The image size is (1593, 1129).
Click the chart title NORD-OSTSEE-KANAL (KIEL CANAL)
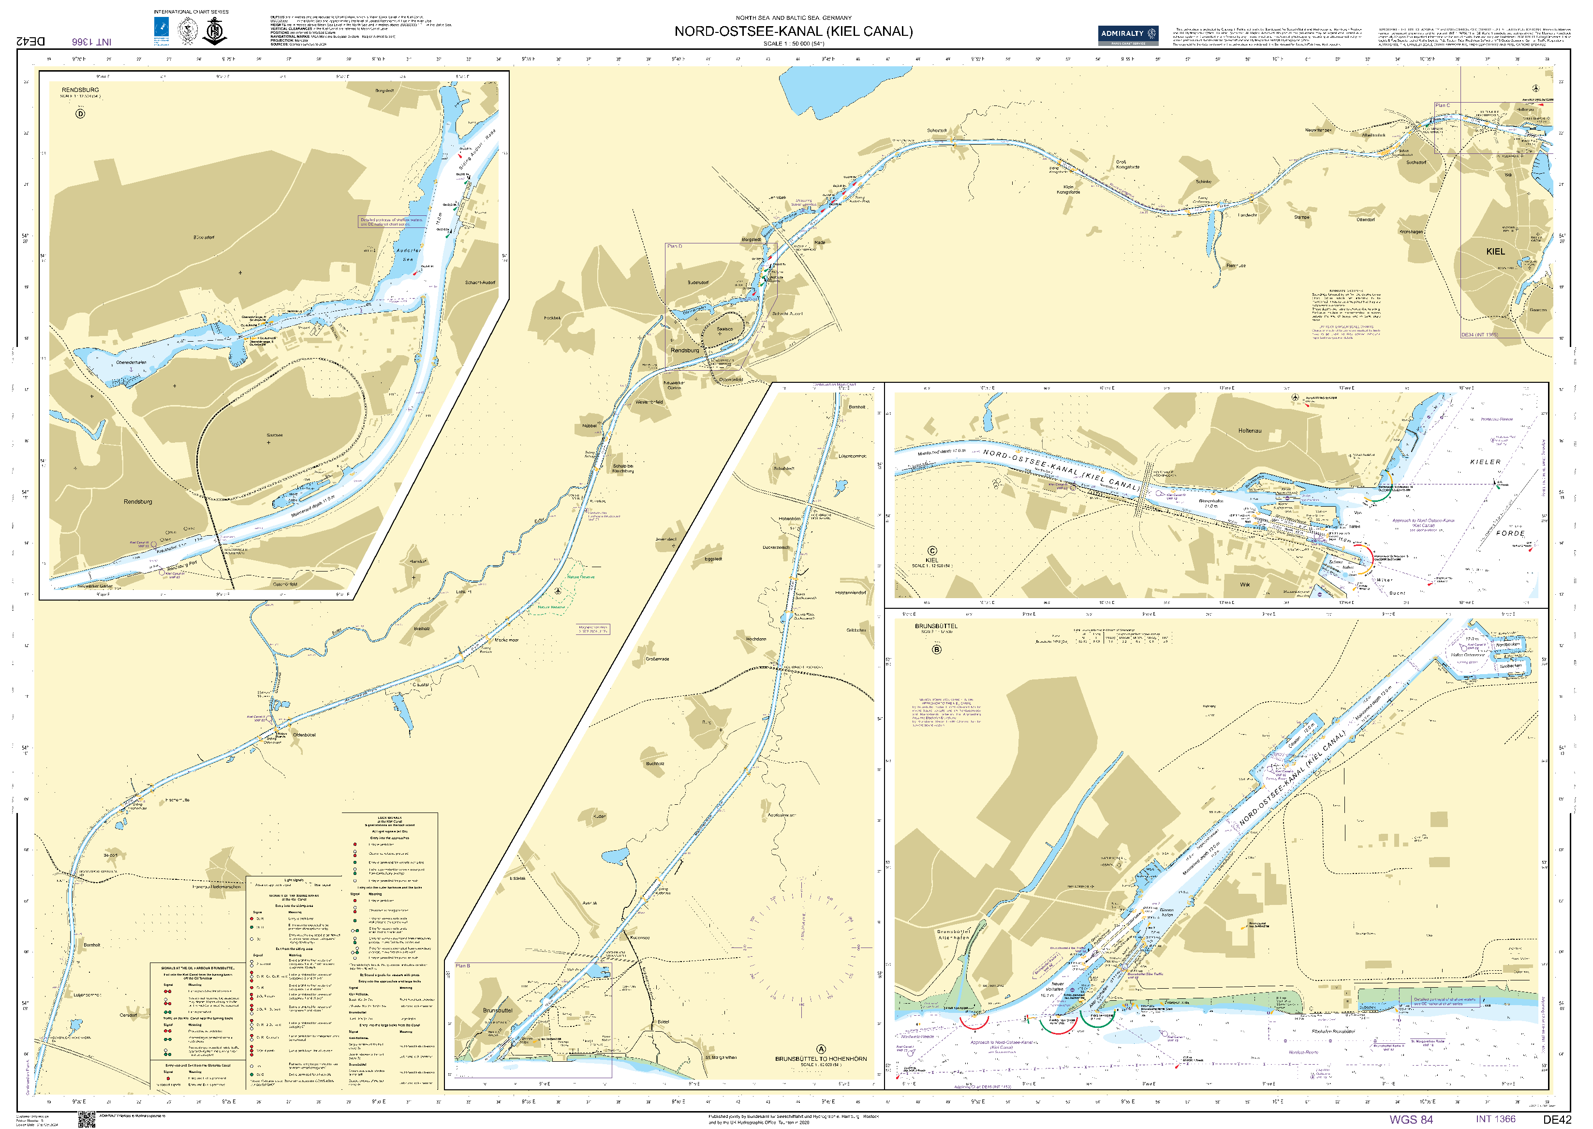[794, 31]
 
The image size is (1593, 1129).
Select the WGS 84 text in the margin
[1411, 1118]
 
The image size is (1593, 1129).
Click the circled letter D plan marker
[80, 113]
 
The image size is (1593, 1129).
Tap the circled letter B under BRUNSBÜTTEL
[936, 649]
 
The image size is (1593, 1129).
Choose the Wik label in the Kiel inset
[1244, 585]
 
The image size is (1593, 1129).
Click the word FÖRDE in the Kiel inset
[1510, 533]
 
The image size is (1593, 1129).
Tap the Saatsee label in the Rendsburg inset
[274, 435]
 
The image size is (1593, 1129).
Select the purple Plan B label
[463, 965]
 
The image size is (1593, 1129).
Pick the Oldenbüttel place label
[304, 735]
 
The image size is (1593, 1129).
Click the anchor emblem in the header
[214, 31]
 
